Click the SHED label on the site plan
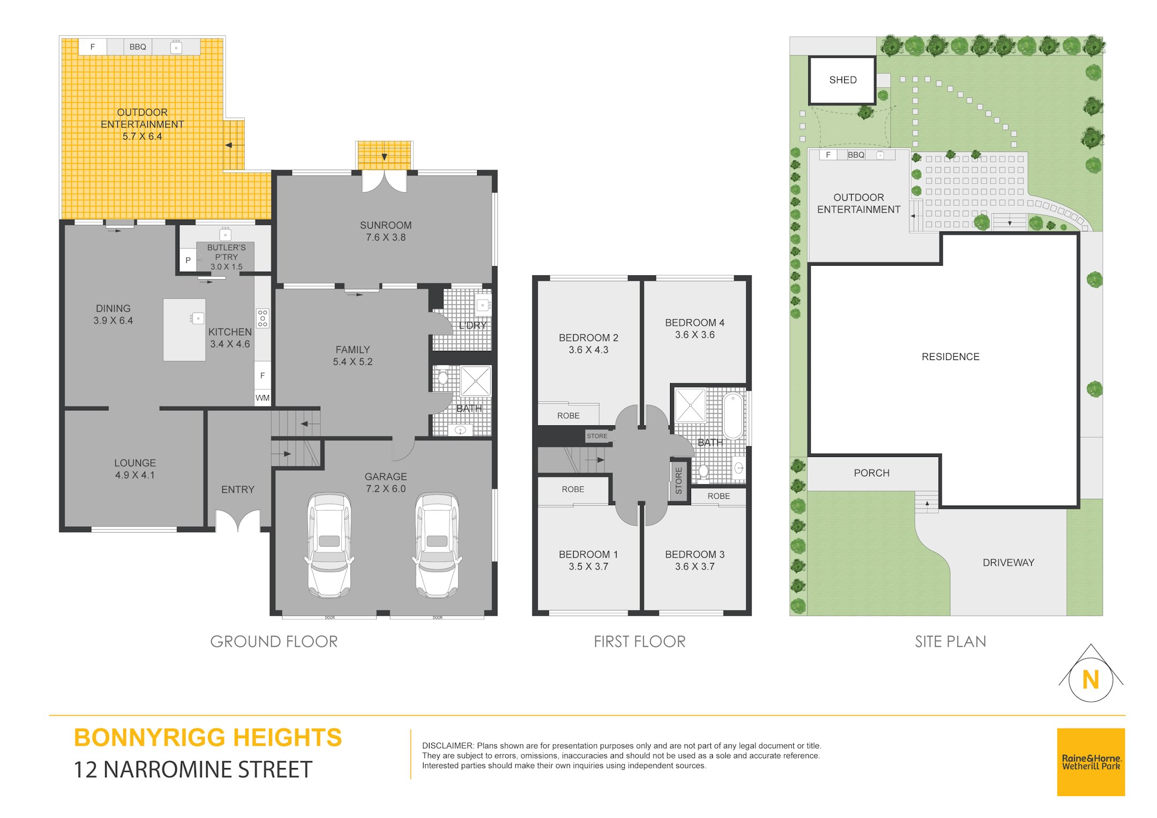tap(843, 80)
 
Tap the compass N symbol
tap(1091, 679)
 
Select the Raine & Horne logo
tap(1091, 762)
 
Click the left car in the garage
tap(329, 545)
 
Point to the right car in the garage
tap(437, 545)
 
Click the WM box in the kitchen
tap(262, 397)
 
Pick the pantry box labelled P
tap(187, 260)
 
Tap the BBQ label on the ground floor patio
tap(138, 47)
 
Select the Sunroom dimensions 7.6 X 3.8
tap(386, 237)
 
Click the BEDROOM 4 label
tap(695, 322)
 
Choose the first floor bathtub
tap(733, 416)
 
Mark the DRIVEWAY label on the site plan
tap(1008, 562)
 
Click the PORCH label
tap(871, 473)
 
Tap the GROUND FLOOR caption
tap(274, 641)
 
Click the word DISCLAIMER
tap(448, 746)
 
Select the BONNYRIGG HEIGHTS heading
tap(208, 738)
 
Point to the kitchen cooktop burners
tap(262, 318)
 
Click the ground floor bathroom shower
tap(476, 381)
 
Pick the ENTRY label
tap(238, 490)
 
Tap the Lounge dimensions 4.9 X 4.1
tap(135, 475)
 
